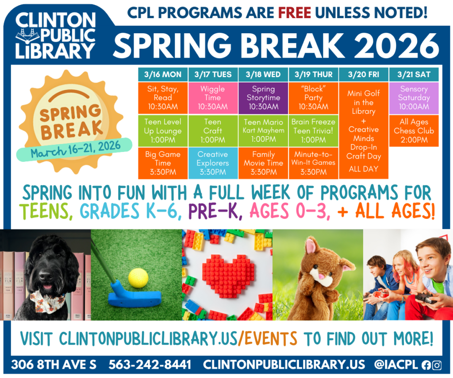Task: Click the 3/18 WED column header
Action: (263, 74)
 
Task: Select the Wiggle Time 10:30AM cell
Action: (213, 98)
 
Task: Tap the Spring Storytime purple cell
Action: (263, 98)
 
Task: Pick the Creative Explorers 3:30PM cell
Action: (213, 163)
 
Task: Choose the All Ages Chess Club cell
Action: (414, 131)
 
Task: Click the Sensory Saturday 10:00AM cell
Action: (414, 98)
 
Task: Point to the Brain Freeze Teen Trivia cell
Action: (314, 131)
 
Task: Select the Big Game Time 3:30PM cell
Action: (163, 163)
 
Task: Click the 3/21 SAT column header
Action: (414, 74)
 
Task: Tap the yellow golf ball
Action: (138, 278)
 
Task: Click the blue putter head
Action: (134, 296)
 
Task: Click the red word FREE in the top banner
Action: (294, 12)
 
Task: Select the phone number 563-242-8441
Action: (150, 365)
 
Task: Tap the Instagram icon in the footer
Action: (437, 365)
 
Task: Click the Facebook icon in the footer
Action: (426, 365)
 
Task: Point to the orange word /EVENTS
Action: (268, 339)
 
